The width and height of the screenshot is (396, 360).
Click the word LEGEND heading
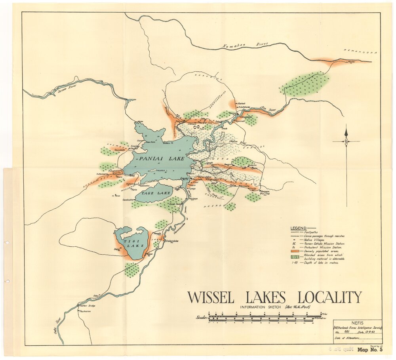[x=299, y=229]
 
